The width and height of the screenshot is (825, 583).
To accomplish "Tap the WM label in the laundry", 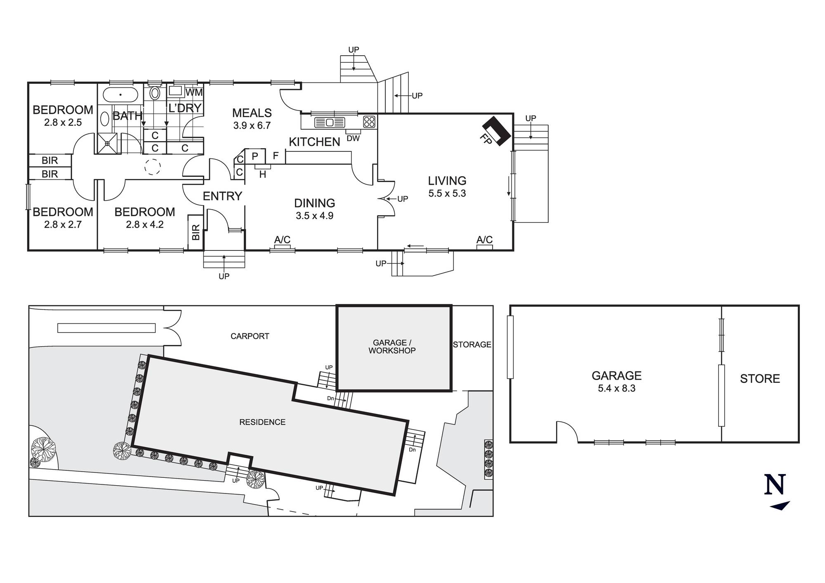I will [194, 92].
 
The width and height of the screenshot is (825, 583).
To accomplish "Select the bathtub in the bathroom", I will [120, 94].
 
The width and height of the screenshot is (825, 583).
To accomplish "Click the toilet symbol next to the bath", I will [155, 93].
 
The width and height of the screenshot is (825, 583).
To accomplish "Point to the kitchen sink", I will [329, 122].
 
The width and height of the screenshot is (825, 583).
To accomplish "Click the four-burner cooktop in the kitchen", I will [369, 122].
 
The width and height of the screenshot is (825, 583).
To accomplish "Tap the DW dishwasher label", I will [353, 139].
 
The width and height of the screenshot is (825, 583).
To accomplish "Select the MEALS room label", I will [252, 113].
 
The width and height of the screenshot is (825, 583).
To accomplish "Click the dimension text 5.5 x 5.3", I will [447, 194].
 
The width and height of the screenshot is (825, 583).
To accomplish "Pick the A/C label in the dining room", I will [283, 240].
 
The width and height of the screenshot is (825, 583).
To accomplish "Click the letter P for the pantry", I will [255, 156].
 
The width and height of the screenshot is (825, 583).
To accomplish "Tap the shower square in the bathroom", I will [107, 143].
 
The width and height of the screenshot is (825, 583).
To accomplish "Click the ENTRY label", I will [222, 196].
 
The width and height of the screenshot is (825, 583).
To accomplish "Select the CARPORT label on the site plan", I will [250, 336].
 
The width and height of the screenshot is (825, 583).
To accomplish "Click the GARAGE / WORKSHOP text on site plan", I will [392, 347].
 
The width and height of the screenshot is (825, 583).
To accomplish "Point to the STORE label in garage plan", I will [760, 379].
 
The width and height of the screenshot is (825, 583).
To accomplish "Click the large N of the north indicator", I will [775, 485].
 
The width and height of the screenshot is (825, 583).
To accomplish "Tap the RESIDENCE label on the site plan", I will [262, 422].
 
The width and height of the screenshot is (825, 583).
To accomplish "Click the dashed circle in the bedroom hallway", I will [152, 167].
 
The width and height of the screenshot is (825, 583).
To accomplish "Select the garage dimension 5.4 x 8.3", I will [617, 389].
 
